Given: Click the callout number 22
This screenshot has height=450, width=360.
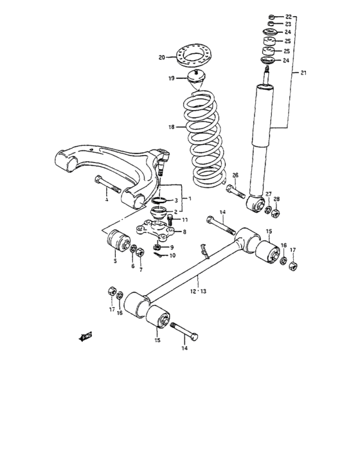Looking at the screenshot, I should click(288, 15).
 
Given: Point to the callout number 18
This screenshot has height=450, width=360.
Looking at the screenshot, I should click(171, 127).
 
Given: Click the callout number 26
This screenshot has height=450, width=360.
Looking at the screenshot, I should click(235, 175).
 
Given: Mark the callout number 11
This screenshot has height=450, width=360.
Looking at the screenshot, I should click(184, 220).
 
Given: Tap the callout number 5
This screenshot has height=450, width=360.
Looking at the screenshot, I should click(114, 261).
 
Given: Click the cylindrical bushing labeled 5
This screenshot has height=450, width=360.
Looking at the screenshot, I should click(114, 241).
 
